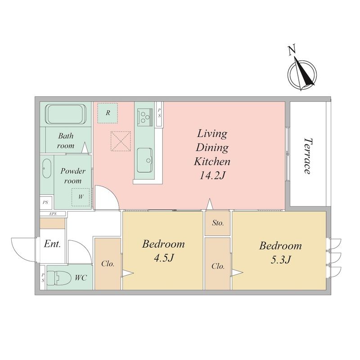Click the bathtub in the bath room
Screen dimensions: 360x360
tap(66, 114)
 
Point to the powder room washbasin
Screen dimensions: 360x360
tap(47, 168)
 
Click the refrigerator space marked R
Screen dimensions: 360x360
tap(108, 113)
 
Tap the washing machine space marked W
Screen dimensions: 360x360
tap(81, 197)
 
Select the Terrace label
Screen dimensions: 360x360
tap(308, 156)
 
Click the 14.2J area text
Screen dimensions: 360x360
tap(212, 176)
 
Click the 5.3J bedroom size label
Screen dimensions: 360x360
tap(280, 260)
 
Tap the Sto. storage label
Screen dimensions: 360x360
tap(218, 223)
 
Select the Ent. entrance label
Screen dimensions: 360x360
tap(52, 243)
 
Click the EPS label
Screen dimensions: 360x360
tap(53, 214)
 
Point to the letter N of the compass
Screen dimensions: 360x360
tap(292, 50)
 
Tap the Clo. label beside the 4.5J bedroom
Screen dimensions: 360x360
tap(108, 264)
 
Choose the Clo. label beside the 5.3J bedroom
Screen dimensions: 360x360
tap(218, 266)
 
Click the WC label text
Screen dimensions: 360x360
tap(81, 278)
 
